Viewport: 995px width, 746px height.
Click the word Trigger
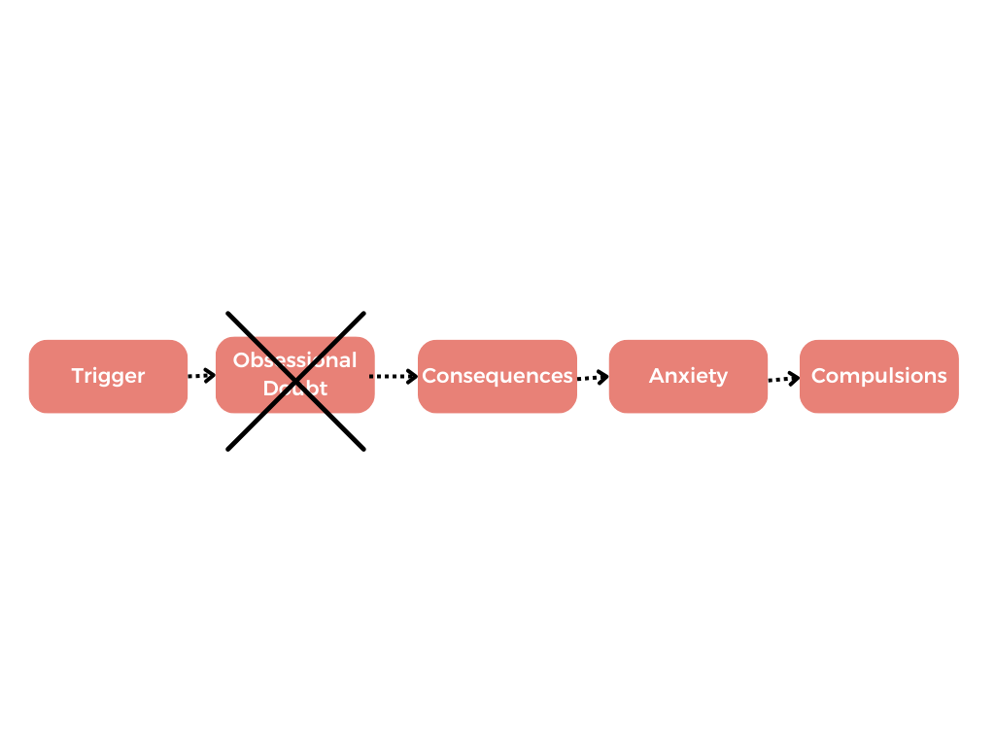click(x=108, y=376)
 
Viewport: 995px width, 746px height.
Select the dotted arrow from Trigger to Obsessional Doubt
click(x=201, y=376)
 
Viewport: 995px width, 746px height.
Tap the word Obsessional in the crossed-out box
click(x=294, y=360)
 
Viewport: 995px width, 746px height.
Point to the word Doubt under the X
click(x=294, y=389)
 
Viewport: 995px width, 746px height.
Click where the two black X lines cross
click(x=295, y=381)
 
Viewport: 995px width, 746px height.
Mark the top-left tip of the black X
click(x=227, y=313)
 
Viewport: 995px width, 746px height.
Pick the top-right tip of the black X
click(x=364, y=313)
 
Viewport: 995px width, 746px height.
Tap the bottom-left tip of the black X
click(x=227, y=450)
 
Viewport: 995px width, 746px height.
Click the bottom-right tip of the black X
click(x=364, y=450)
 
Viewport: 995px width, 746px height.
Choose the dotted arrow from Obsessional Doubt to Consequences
click(x=395, y=376)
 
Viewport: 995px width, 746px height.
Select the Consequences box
click(x=497, y=376)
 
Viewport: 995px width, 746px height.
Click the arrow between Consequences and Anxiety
click(x=592, y=377)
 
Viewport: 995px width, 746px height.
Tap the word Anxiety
click(x=688, y=376)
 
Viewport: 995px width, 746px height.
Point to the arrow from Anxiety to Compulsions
click(x=783, y=378)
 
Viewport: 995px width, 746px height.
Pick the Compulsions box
click(x=879, y=376)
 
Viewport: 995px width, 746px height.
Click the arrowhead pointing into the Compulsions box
click(x=795, y=378)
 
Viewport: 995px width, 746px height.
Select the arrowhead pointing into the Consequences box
click(x=412, y=376)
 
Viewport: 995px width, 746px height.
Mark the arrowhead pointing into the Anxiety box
click(x=603, y=377)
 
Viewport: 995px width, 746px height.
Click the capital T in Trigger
click(x=77, y=376)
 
